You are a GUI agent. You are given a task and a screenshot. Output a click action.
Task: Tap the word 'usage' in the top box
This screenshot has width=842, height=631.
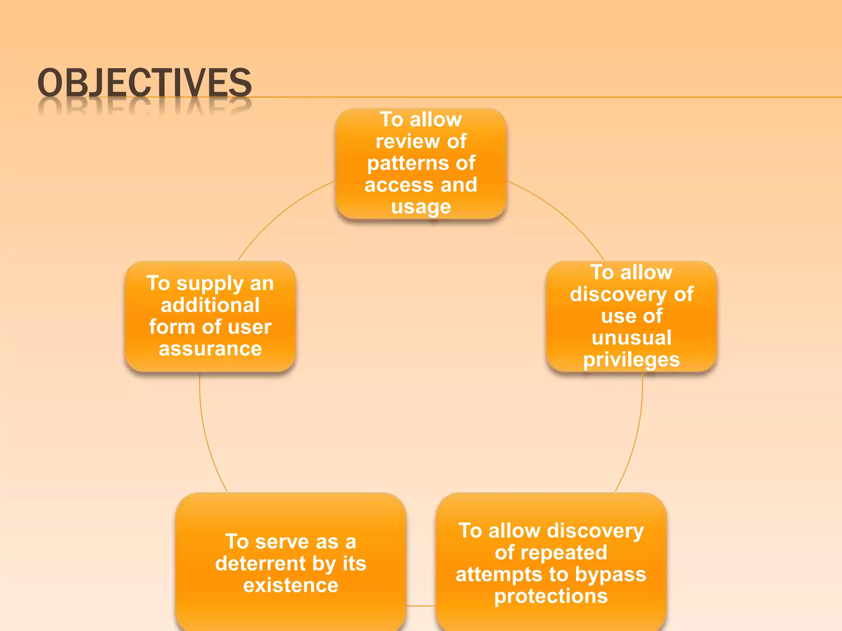421,207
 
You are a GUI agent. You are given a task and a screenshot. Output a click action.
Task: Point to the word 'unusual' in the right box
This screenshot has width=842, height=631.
631,338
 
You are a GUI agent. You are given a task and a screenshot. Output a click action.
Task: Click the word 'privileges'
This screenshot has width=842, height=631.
631,360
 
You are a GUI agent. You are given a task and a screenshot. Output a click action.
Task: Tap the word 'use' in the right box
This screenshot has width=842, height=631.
617,316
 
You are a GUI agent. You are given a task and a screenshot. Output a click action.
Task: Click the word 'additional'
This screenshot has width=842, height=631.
210,305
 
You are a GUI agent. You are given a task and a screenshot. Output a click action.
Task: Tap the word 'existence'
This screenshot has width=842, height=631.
291,585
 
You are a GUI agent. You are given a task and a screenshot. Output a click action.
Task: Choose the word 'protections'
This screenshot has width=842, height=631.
551,596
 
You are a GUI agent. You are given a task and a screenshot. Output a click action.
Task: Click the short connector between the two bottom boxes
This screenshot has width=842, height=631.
421,606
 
